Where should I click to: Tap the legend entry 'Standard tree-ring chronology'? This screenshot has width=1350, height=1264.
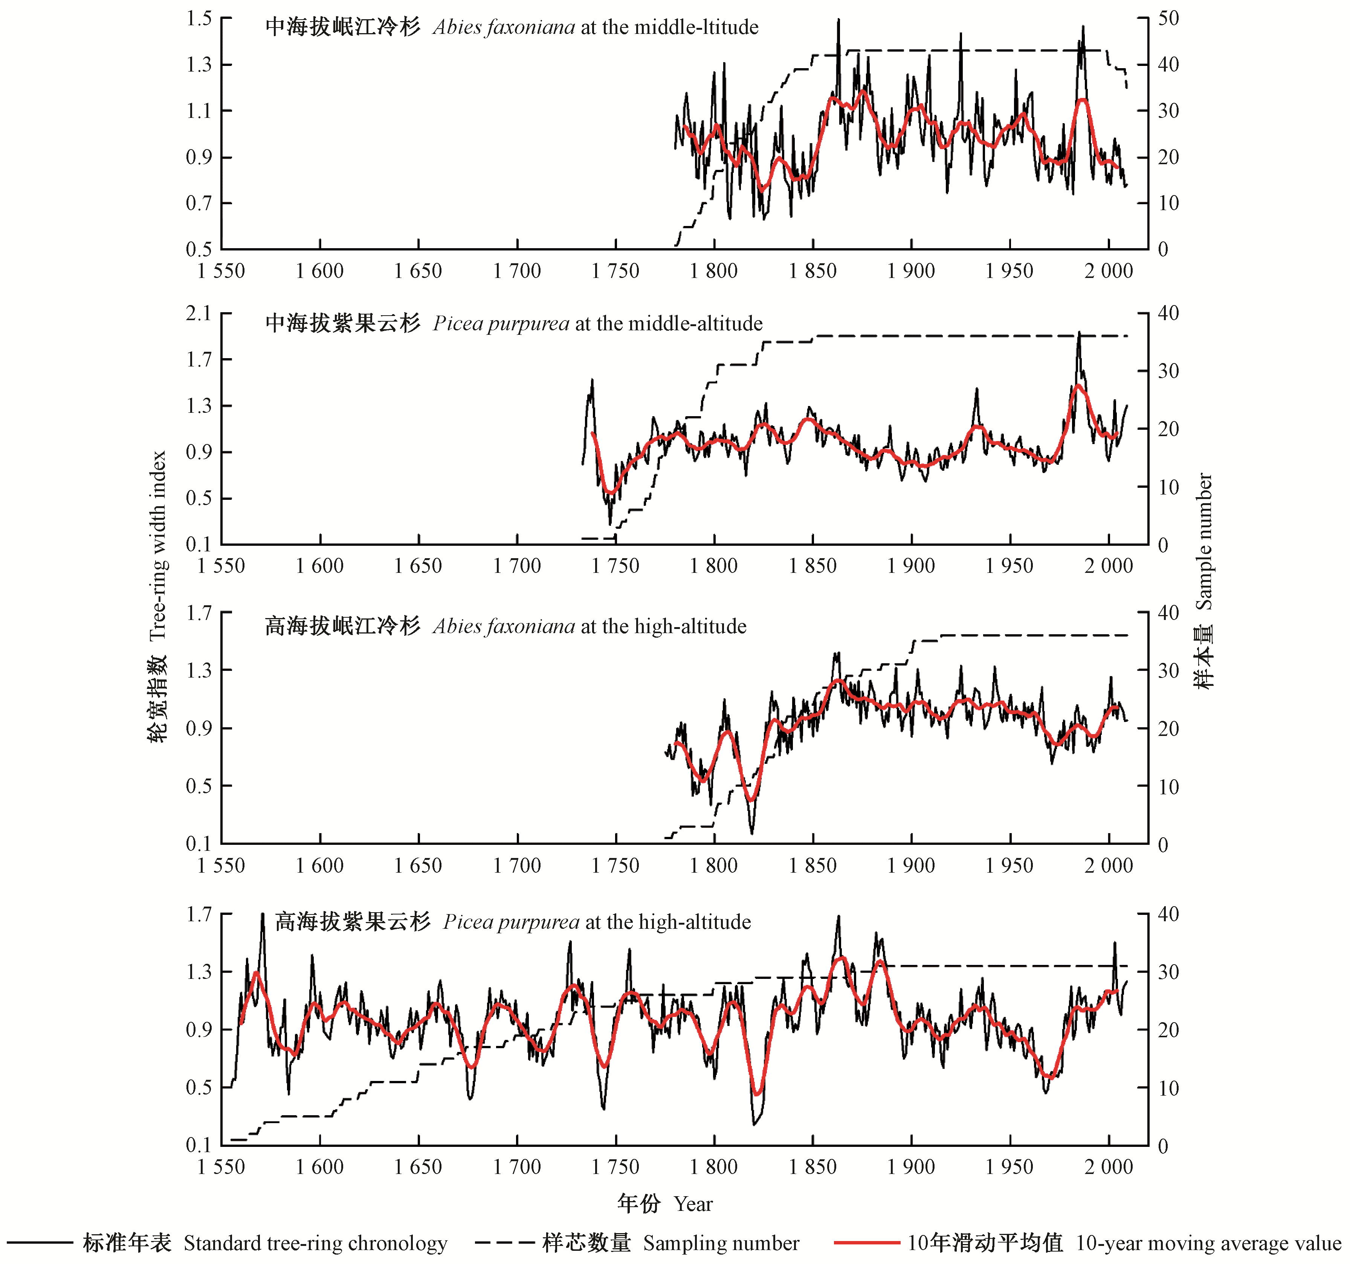pos(315,1243)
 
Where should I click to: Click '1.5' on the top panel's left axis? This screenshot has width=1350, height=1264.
pos(199,18)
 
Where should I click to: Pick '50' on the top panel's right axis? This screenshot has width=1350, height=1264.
pos(1168,18)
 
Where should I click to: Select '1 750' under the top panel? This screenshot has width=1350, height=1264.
pos(615,271)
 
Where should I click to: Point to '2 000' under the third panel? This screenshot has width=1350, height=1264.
pos(1108,866)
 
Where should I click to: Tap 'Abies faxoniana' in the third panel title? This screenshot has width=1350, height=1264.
pos(504,626)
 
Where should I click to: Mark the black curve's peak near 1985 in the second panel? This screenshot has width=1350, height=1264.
pos(1079,333)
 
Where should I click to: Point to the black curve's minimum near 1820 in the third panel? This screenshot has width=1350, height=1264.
pos(752,832)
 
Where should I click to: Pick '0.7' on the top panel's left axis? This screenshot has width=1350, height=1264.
pos(199,203)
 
